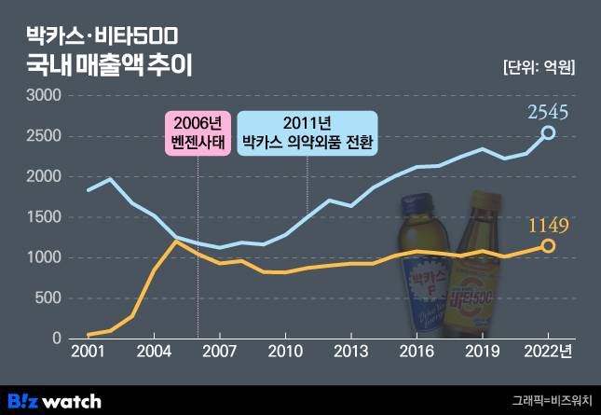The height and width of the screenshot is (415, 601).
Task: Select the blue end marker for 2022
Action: [x=549, y=133]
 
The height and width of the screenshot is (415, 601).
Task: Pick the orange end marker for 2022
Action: [x=549, y=245]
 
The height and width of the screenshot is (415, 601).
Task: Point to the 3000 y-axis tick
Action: [x=45, y=96]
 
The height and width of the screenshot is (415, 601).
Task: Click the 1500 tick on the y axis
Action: [x=45, y=217]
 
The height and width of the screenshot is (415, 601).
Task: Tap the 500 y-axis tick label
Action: [x=48, y=298]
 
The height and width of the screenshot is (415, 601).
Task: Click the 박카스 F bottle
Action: [x=425, y=270]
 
